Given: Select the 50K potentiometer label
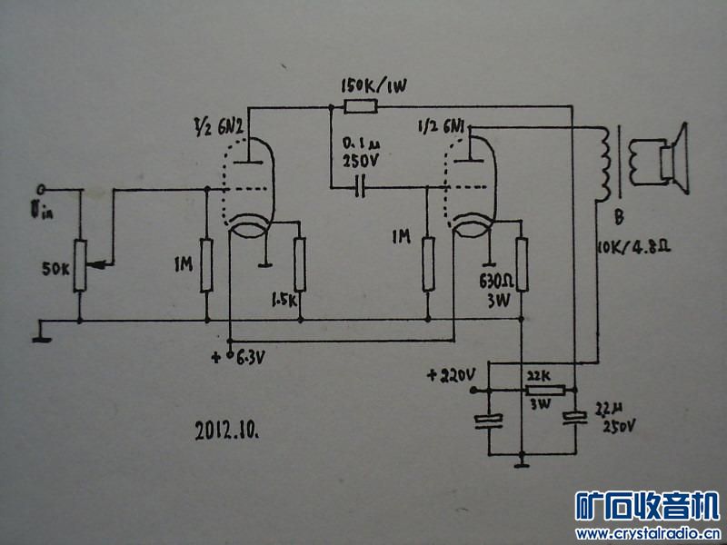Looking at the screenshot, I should [x=55, y=270].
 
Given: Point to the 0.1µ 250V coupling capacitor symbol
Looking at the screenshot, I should [x=362, y=188].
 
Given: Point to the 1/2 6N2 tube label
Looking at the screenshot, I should [x=218, y=124].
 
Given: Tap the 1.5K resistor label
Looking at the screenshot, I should [x=285, y=299].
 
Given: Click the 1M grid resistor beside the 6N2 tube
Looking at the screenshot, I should [x=206, y=265].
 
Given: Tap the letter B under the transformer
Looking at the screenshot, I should [x=617, y=217].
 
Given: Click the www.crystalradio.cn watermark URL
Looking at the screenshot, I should [x=648, y=532].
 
